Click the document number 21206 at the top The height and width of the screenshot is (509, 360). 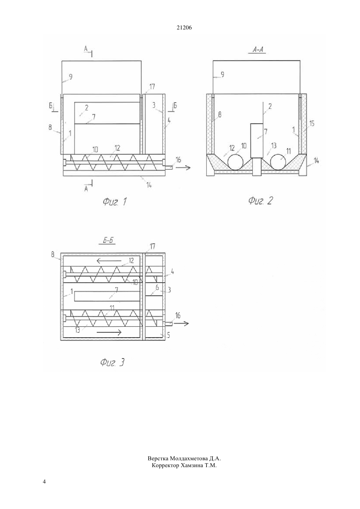click(184, 27)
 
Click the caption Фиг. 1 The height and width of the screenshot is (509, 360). click(115, 201)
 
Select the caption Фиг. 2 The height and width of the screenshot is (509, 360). click(260, 201)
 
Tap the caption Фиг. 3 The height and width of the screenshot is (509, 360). click(112, 362)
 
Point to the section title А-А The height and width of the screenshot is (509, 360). click(258, 49)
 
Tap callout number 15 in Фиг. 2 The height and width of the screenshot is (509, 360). click(312, 124)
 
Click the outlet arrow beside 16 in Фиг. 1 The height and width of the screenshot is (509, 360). click(183, 168)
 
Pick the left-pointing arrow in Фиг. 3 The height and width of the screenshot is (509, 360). click(109, 261)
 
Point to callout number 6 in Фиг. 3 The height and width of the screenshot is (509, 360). click(157, 288)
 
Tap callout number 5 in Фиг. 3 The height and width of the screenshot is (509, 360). click(169, 335)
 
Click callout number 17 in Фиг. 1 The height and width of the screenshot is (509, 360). click(152, 87)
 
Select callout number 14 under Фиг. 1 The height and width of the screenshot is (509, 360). click(149, 185)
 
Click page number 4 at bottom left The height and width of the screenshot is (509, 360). click(44, 482)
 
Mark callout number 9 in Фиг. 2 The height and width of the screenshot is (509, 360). click(223, 74)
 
